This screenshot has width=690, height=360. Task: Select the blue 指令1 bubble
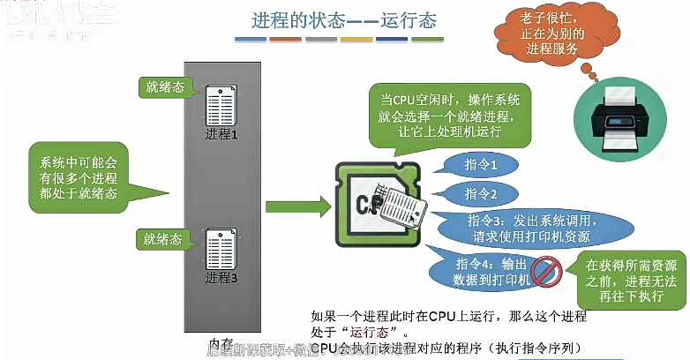482,165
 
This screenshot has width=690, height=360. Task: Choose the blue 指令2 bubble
482,193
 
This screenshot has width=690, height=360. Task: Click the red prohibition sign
544,269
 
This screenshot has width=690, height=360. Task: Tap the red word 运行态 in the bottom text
369,332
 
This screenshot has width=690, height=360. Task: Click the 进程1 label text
221,135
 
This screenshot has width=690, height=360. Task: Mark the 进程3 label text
221,278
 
